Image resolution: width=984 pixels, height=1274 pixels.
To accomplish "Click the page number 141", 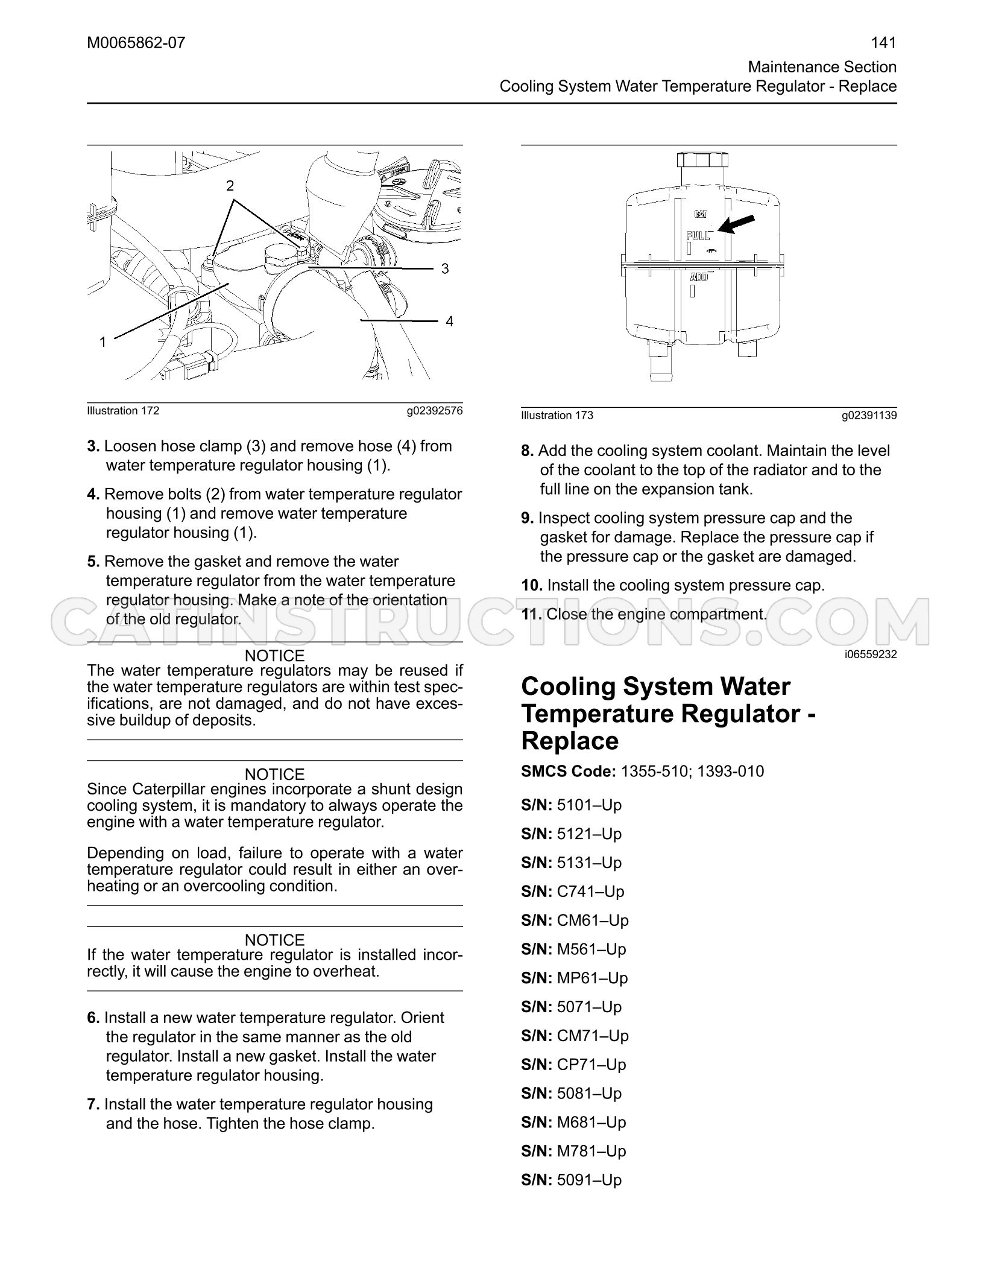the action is pyautogui.click(x=884, y=43).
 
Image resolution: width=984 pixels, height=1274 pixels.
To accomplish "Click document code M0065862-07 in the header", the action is pyautogui.click(x=136, y=43).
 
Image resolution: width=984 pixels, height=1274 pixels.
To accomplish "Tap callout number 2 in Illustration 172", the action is pyautogui.click(x=230, y=186).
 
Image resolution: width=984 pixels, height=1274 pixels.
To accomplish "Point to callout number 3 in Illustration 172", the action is pyautogui.click(x=445, y=268).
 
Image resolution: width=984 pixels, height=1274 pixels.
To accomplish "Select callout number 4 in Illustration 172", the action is pyautogui.click(x=449, y=322).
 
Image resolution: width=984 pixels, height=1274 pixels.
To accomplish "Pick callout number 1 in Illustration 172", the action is pyautogui.click(x=102, y=342).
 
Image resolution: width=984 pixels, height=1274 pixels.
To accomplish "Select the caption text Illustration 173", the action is pyautogui.click(x=557, y=415).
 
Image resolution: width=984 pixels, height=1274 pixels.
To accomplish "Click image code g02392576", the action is pyautogui.click(x=435, y=411).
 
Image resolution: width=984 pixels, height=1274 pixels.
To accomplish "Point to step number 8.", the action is pyautogui.click(x=528, y=451).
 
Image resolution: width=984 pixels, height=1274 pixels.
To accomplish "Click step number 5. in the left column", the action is pyautogui.click(x=93, y=562).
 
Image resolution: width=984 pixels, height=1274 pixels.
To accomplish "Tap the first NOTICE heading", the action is pyautogui.click(x=275, y=656).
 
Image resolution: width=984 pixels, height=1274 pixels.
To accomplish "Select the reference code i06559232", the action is pyautogui.click(x=871, y=654).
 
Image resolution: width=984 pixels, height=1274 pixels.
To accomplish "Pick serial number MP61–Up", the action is pyautogui.click(x=593, y=978).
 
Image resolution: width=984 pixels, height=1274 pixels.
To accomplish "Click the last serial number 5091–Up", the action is pyautogui.click(x=589, y=1179).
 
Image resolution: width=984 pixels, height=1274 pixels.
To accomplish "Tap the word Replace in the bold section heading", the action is pyautogui.click(x=570, y=741).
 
